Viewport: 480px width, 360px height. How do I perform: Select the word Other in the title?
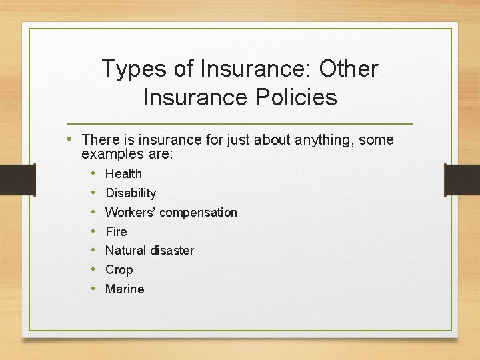(x=349, y=69)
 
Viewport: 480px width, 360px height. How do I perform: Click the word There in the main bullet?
(x=99, y=140)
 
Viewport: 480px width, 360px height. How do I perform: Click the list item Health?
(x=123, y=174)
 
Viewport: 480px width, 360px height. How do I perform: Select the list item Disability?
(x=131, y=193)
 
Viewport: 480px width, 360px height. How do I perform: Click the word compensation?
(x=198, y=213)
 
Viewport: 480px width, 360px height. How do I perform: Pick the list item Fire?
(x=116, y=232)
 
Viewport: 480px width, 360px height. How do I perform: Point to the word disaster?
(x=172, y=251)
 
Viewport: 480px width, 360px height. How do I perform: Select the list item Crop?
(x=119, y=270)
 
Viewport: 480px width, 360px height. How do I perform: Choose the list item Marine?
(x=125, y=289)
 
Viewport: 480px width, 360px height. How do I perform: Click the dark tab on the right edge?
(x=461, y=180)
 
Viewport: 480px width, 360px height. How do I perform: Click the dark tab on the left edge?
(x=17, y=180)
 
